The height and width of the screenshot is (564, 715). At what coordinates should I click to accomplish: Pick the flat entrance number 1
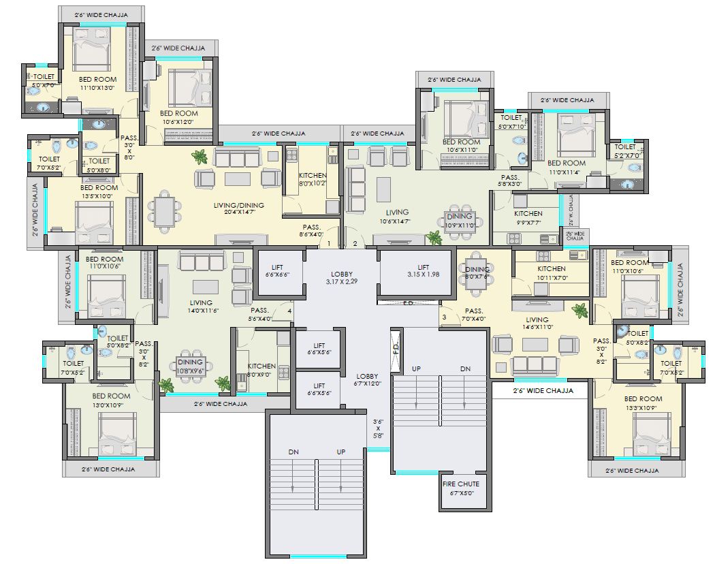[329, 243]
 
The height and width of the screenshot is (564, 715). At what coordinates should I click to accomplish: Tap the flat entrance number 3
[444, 317]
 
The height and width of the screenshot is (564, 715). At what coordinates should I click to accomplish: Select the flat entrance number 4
[289, 311]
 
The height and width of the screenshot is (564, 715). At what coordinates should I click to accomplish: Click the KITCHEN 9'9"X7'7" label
[528, 217]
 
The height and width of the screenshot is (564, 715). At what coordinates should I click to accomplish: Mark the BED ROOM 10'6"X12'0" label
[178, 117]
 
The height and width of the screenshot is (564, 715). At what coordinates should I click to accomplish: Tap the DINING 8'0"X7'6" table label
[477, 272]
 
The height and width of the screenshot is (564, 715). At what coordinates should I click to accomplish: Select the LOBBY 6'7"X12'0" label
[367, 380]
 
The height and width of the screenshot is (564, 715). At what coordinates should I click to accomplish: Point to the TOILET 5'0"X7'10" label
[511, 121]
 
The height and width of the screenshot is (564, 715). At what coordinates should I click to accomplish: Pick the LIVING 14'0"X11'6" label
[201, 307]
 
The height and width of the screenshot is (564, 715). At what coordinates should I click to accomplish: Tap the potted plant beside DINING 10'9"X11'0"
[433, 238]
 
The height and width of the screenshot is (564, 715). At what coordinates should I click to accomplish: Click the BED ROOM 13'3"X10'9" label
[642, 403]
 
